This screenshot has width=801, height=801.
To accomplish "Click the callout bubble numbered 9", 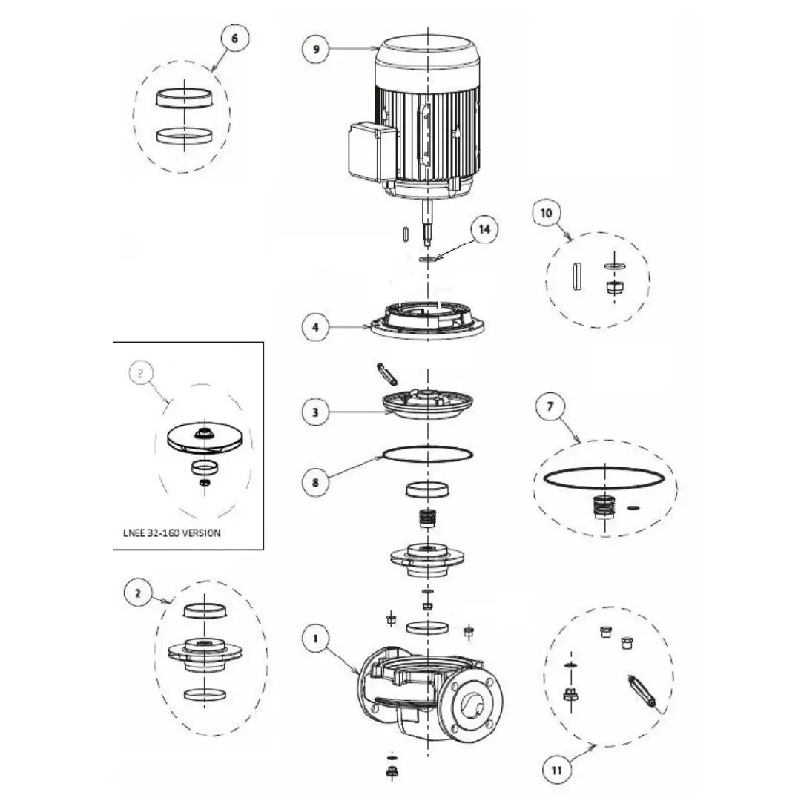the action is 316,50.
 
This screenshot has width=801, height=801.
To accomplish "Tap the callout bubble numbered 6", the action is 234,39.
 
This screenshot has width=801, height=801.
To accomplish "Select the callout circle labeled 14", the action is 484,229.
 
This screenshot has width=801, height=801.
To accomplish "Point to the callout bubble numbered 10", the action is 546,213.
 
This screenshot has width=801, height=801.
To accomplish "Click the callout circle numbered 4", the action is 315,326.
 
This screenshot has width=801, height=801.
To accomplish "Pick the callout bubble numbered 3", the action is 315,412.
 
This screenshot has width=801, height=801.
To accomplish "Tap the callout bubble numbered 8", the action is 315,482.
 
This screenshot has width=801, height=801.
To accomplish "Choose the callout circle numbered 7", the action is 550,406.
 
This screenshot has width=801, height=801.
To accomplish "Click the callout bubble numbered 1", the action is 315,638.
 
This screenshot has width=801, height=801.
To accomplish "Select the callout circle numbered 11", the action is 556,770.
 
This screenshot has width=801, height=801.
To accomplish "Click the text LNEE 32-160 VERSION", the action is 171,533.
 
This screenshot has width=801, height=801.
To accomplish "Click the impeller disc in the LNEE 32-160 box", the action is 203,441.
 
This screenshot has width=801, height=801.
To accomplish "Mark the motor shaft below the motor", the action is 427,222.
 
